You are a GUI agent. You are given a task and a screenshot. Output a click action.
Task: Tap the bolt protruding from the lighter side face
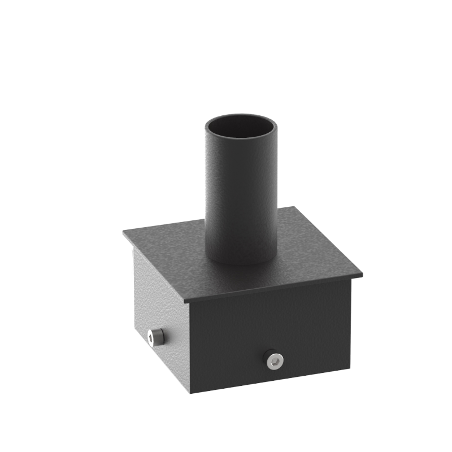click(x=155, y=337)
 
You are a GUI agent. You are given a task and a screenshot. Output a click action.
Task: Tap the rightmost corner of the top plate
click(x=362, y=275)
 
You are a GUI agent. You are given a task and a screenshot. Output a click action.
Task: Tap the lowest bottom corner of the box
click(x=190, y=392)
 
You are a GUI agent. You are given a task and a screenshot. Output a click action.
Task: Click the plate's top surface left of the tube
click(x=169, y=243)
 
